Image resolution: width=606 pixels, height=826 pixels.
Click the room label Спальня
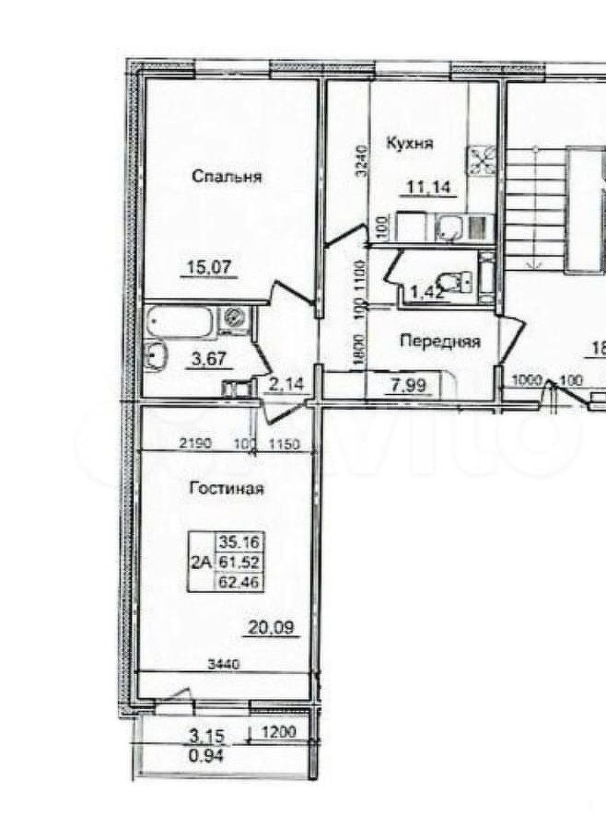[x=227, y=177]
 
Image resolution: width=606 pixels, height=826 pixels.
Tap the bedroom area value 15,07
[x=212, y=269]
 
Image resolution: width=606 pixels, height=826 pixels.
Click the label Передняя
[x=440, y=341]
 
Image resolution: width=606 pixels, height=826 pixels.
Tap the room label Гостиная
[x=227, y=489]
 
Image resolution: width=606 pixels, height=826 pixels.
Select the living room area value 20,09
[x=268, y=629]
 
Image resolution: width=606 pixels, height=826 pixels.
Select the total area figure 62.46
[x=239, y=582]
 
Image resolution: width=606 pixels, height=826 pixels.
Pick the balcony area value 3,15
[x=208, y=736]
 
